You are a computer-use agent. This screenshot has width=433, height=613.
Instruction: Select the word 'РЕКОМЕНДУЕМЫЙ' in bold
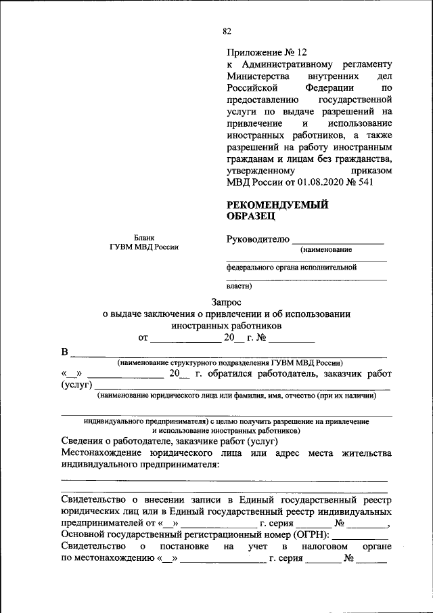[277, 205]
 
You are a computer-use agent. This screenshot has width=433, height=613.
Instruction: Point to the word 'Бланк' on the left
[143, 238]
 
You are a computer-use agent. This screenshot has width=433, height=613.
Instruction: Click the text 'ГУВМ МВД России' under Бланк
[143, 247]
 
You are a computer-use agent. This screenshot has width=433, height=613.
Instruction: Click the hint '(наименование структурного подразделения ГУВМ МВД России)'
[229, 363]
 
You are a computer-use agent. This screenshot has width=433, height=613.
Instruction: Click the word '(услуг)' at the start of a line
[76, 385]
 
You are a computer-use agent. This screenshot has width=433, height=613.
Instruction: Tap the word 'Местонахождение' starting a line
[99, 453]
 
